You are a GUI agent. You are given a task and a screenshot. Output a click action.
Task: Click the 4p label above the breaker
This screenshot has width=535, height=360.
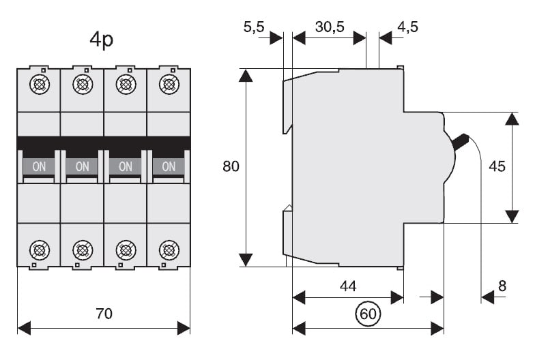pyautogui.click(x=102, y=40)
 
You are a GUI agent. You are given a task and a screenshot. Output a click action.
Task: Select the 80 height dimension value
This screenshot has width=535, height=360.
pyautogui.click(x=231, y=166)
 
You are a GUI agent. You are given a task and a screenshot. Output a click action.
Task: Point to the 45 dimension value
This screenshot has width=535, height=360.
pyautogui.click(x=497, y=166)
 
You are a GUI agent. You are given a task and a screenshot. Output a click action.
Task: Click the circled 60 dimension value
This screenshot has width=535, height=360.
pyautogui.click(x=368, y=314)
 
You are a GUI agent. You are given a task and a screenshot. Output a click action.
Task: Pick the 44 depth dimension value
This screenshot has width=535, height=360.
pyautogui.click(x=348, y=286)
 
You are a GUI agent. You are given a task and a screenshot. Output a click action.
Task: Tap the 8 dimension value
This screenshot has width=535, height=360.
pyautogui.click(x=502, y=286)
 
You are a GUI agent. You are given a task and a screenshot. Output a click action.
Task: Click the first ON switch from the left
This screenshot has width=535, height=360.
pyautogui.click(x=39, y=166)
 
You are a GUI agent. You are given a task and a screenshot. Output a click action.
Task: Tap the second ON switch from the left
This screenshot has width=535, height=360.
pyautogui.click(x=82, y=166)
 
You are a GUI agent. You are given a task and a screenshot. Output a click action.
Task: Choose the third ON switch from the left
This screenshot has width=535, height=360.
pyautogui.click(x=126, y=166)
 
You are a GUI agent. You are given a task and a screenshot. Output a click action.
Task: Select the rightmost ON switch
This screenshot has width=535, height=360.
pyautogui.click(x=169, y=166)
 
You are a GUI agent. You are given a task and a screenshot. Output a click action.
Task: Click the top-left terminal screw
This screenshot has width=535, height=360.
pyautogui.click(x=39, y=85)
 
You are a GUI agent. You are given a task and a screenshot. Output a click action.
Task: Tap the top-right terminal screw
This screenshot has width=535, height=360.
pyautogui.click(x=169, y=85)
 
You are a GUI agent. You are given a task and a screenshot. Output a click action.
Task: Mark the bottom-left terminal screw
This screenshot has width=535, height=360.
pyautogui.click(x=39, y=250)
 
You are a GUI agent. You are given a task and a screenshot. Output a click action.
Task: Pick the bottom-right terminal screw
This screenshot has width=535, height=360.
pyautogui.click(x=169, y=250)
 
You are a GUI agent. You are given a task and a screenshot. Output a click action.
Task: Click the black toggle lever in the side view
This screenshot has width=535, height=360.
pyautogui.click(x=461, y=141)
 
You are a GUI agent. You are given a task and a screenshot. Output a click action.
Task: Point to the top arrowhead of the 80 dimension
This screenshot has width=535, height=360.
pyautogui.click(x=246, y=74)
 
